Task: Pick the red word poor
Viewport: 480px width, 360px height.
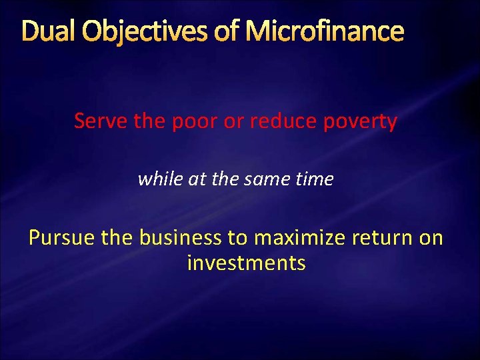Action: pos(193,123)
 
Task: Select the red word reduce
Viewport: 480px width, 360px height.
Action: pos(283,121)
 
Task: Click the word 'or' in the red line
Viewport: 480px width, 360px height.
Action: pos(234,123)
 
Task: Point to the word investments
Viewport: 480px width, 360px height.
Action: pos(246,263)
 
